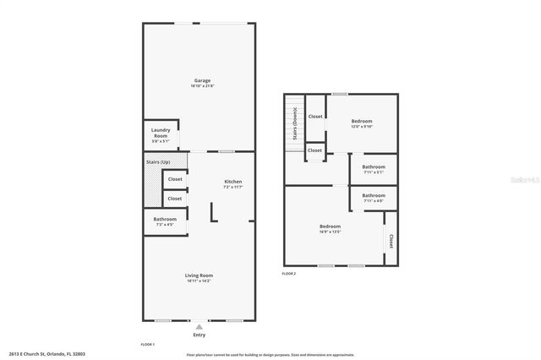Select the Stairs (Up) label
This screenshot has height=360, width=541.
[159, 161]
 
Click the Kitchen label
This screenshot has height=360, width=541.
[232, 182]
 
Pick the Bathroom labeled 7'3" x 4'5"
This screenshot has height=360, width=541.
[165, 220]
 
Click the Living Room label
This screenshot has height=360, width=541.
[199, 275]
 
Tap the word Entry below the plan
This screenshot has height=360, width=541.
[199, 335]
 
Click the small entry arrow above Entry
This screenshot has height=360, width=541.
[199, 326]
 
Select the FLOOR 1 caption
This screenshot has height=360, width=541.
[147, 345]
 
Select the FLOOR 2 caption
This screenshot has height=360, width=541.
[289, 274]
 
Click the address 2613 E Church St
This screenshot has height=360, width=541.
[47, 354]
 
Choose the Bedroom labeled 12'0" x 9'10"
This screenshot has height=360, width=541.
[362, 121]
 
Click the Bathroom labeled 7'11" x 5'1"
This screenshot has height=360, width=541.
[374, 166]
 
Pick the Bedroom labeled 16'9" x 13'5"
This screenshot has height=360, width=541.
[330, 226]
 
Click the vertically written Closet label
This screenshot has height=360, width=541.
[391, 240]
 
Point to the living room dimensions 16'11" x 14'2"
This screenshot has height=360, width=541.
[199, 281]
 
